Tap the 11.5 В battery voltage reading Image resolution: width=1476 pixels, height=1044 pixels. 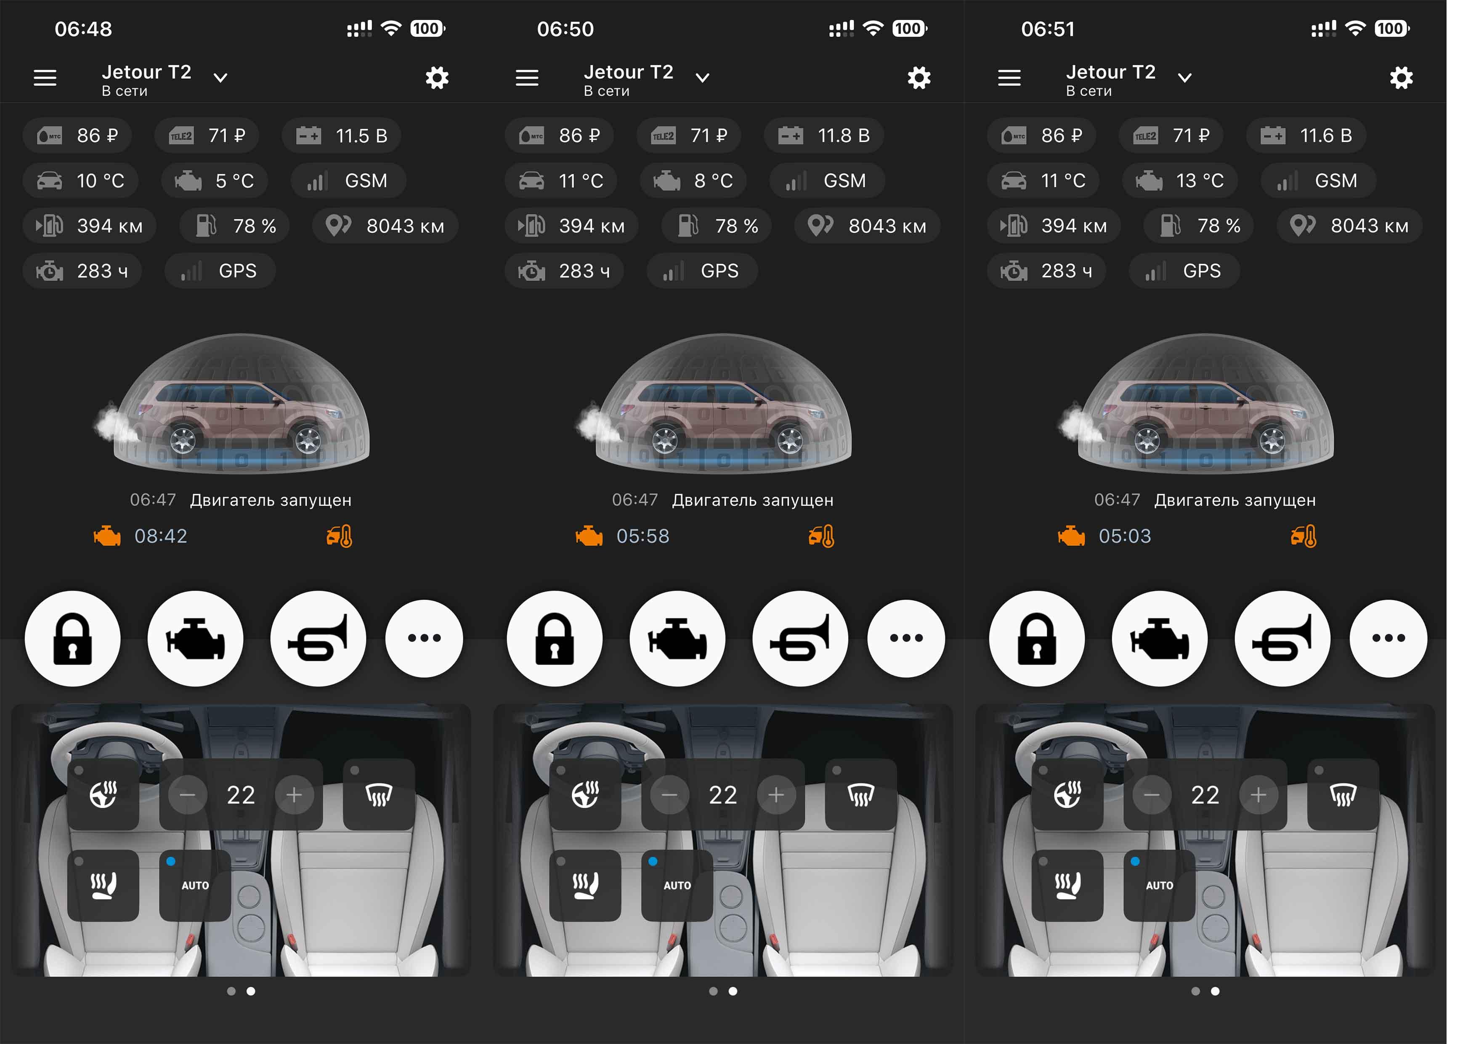click(x=361, y=136)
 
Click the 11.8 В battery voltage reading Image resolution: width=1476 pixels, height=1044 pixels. click(x=844, y=136)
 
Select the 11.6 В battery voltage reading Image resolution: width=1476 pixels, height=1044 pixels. click(x=1325, y=136)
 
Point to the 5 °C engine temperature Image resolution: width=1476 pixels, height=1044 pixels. click(x=235, y=181)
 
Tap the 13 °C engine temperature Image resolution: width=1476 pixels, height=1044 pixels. click(x=1200, y=181)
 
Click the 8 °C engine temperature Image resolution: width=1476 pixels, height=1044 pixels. click(x=714, y=181)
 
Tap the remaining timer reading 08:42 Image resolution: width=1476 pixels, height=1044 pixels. click(x=161, y=536)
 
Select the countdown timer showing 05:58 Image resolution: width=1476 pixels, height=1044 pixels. click(x=643, y=536)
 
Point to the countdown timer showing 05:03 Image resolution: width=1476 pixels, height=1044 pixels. click(x=1125, y=536)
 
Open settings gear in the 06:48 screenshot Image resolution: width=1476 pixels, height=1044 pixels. click(x=437, y=78)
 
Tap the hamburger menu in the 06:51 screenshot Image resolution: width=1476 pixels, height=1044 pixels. click(x=1009, y=78)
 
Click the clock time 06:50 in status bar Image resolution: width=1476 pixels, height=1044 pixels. click(x=565, y=29)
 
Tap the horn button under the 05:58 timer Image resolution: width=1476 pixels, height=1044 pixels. click(x=800, y=638)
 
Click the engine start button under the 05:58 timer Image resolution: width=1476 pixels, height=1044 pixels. click(x=677, y=638)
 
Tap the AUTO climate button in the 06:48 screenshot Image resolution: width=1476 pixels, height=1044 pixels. click(x=195, y=885)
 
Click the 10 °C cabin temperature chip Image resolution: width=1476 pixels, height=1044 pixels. click(x=82, y=181)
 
